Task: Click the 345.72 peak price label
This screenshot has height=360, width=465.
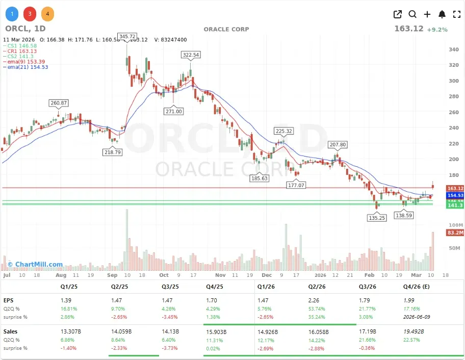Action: coord(127,37)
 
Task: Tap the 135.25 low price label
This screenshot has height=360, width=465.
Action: coord(376,218)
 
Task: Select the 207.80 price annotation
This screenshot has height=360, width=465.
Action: coord(337,145)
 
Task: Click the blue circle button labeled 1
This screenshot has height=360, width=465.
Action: coord(12,14)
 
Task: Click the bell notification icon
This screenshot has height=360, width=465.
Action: coord(442,14)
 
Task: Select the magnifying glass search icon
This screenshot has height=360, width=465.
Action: coord(412,14)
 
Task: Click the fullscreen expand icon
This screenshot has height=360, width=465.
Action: coord(457,14)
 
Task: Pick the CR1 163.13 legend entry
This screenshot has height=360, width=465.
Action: coord(22,51)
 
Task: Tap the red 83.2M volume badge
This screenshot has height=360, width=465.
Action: coord(455,233)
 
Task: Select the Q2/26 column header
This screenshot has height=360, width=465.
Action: coord(318,287)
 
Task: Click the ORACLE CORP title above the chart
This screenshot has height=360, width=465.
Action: coord(226,29)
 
